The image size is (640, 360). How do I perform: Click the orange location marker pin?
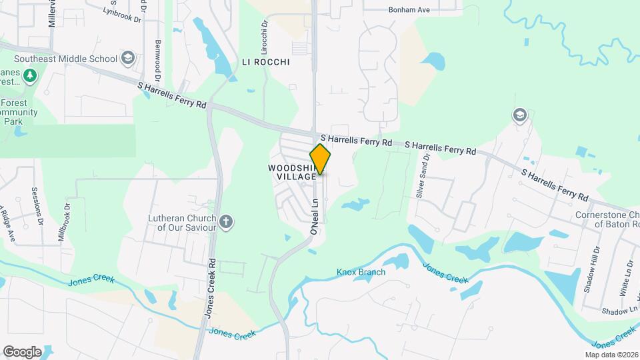[x=321, y=159]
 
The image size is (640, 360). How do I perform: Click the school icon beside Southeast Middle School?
[x=127, y=59]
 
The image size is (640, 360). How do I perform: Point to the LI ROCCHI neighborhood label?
[x=265, y=62]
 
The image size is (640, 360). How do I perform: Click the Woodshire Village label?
[x=292, y=172]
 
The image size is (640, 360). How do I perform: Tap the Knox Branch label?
[x=361, y=272]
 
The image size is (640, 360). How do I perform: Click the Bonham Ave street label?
[x=410, y=10]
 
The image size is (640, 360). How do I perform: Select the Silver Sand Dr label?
[x=420, y=175]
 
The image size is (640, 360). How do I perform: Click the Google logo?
[x=22, y=352]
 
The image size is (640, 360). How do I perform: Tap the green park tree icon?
[x=29, y=77]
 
